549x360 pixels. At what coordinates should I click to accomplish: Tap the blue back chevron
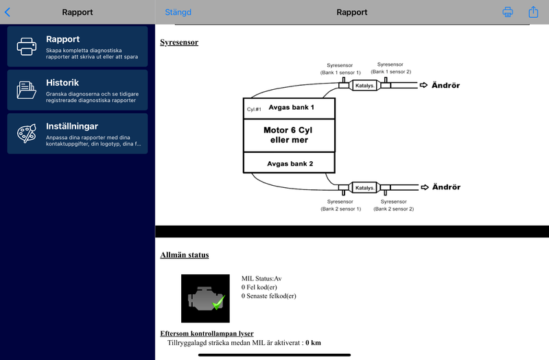click(x=8, y=12)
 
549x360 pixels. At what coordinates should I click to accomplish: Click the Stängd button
click(x=178, y=12)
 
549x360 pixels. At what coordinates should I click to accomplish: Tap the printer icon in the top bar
click(x=508, y=12)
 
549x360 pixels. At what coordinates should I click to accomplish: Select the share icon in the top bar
click(x=533, y=12)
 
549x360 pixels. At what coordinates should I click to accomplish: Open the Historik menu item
click(x=78, y=90)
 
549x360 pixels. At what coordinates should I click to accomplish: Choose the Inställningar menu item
click(x=78, y=133)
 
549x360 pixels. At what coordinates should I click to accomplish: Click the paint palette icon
click(x=27, y=133)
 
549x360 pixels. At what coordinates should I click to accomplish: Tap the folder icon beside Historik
click(x=26, y=90)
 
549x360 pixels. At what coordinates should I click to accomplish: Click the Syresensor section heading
click(x=179, y=43)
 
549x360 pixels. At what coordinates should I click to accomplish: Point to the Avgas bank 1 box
click(x=289, y=108)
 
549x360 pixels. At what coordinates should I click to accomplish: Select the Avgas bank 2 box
click(x=289, y=163)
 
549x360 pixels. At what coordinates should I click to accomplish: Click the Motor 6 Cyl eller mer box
click(x=289, y=135)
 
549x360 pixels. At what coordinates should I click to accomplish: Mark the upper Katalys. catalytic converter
click(x=364, y=85)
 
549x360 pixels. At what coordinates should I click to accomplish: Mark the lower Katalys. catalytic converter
click(x=364, y=188)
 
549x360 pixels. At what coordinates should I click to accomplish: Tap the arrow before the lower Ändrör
click(x=425, y=187)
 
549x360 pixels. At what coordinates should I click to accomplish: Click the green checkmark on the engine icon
click(x=218, y=302)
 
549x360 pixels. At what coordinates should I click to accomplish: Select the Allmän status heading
click(x=185, y=255)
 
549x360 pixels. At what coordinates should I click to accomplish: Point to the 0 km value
click(x=313, y=343)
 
